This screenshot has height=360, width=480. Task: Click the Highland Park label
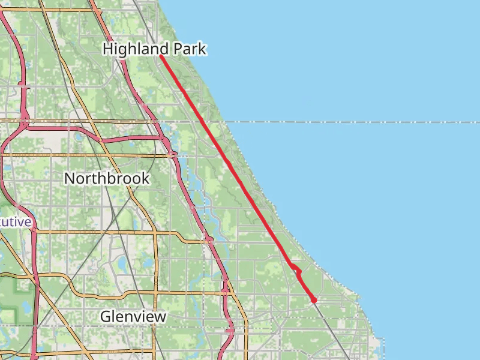(x=154, y=49)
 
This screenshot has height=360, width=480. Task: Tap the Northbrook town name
(x=107, y=178)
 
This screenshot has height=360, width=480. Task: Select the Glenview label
(x=133, y=316)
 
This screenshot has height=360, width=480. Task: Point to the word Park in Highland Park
(x=190, y=49)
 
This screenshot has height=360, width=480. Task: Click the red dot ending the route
(x=314, y=300)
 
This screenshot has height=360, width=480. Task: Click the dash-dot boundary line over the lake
(x=360, y=122)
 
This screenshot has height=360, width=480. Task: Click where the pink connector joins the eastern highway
(x=163, y=138)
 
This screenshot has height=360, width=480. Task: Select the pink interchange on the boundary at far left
(x=24, y=122)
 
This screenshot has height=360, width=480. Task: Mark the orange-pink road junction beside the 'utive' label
(x=34, y=230)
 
